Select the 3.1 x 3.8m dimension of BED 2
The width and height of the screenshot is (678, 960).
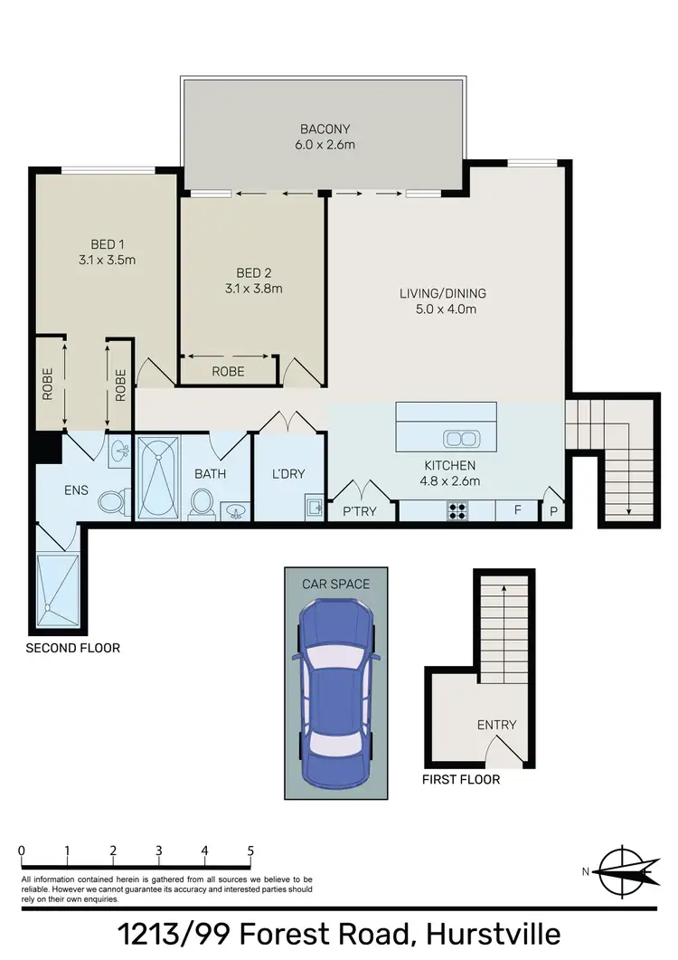point(253,290)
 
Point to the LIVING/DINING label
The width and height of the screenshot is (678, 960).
point(443,293)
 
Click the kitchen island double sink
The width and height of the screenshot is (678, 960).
point(462,439)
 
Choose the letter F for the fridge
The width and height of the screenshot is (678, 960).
point(518,510)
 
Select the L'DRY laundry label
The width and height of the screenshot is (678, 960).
point(287,474)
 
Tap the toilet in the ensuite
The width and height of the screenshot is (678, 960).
point(110,503)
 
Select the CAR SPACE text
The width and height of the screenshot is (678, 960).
point(335,584)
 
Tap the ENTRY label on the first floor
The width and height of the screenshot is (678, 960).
point(497,725)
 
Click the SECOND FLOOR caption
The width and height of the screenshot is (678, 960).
point(72,648)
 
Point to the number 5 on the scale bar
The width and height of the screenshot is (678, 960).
point(250,851)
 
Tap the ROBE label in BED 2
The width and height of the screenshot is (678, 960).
point(227,371)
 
